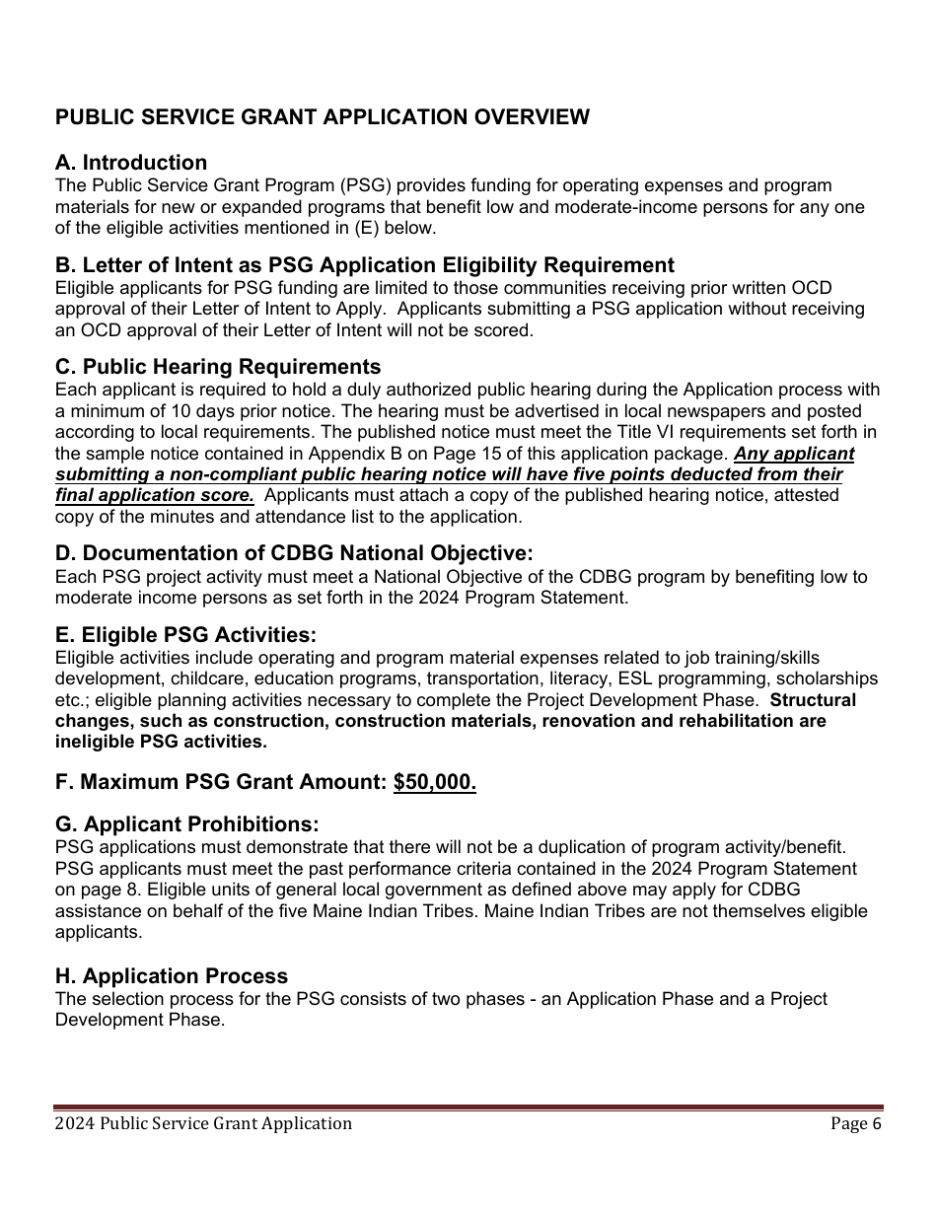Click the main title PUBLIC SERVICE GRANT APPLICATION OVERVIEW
pyautogui.click(x=322, y=117)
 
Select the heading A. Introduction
pyautogui.click(x=131, y=163)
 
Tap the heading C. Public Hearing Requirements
pyautogui.click(x=217, y=368)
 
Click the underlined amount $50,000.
pyautogui.click(x=434, y=783)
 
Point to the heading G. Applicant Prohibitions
pyautogui.click(x=187, y=823)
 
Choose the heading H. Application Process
pyautogui.click(x=172, y=976)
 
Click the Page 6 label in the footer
pyautogui.click(x=855, y=1123)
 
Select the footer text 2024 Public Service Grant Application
pyautogui.click(x=203, y=1123)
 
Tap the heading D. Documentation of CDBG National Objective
pyautogui.click(x=294, y=553)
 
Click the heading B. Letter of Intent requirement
pyautogui.click(x=365, y=265)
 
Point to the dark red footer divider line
pyautogui.click(x=468, y=1108)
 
